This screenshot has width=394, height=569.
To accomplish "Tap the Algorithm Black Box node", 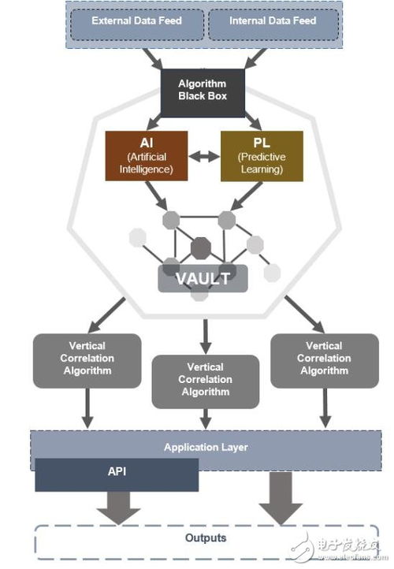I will point(202,90).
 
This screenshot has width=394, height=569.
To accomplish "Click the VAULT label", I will point(203,278).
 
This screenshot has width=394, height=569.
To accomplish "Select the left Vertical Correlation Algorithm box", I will point(87,359).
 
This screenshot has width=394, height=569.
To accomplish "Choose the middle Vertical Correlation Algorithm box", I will point(206,380).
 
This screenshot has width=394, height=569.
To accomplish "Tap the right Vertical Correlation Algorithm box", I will point(324,359).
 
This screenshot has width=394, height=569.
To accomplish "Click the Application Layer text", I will point(206,448).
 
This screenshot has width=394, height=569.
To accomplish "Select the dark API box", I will point(117,474).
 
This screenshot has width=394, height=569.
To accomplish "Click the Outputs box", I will point(206,538).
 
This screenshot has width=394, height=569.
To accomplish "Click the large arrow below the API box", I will point(114,508).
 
